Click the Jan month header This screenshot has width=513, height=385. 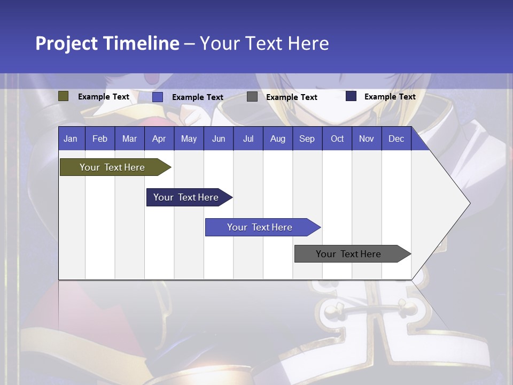71,138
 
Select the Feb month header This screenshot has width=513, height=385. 100,138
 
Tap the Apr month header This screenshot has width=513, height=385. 159,138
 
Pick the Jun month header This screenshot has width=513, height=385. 218,138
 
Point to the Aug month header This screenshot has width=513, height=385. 277,138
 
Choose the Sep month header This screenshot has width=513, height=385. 307,138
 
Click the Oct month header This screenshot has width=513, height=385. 337,138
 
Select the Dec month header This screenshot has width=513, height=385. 396,138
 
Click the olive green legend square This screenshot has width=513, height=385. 64,96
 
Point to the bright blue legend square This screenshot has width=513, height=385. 158,97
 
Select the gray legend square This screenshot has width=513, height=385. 252,97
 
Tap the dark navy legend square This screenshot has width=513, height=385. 351,96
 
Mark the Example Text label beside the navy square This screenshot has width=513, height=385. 390,96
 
